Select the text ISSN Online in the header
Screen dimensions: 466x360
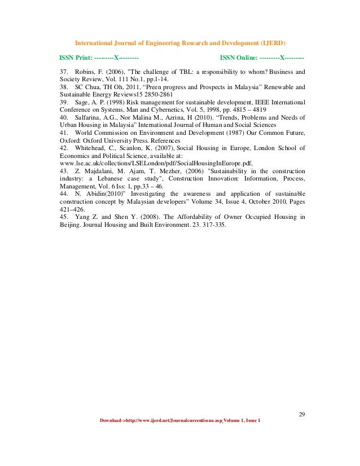(238, 58)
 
